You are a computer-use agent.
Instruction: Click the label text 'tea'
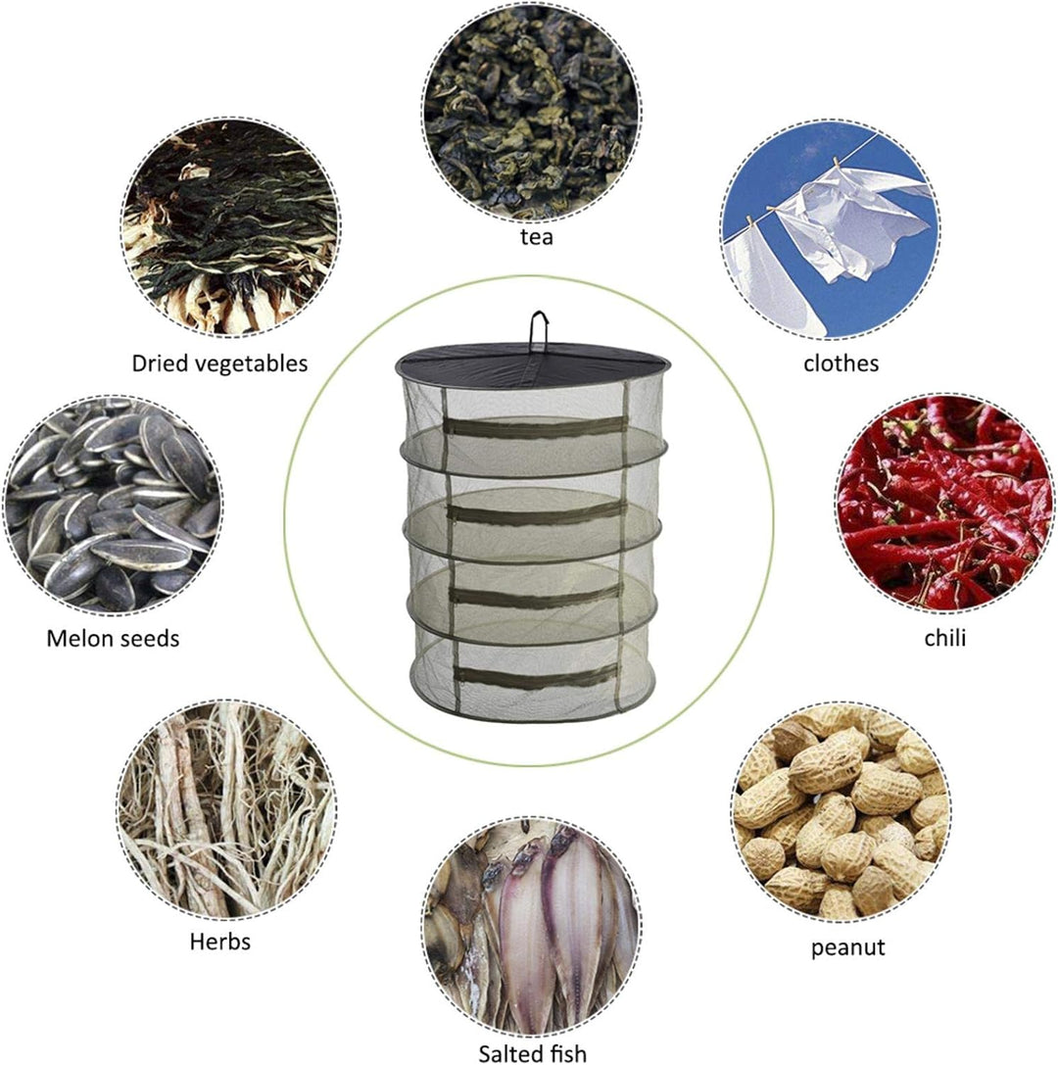point(537,237)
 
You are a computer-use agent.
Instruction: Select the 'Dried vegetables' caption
point(219,363)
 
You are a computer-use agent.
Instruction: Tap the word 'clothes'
point(841,363)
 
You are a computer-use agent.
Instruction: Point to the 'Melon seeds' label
point(113,639)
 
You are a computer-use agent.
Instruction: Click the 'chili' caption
point(944,639)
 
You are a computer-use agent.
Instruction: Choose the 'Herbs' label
point(220,942)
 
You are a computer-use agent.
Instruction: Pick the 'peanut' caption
point(848,947)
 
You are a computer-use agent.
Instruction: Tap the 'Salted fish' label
point(532,1053)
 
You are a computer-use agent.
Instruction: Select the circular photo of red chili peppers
point(944,503)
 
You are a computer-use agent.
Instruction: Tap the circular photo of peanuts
point(842,811)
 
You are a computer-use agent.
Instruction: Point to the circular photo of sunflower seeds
point(112,505)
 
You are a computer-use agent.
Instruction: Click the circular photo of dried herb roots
point(226,809)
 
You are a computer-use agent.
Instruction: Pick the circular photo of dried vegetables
point(230,227)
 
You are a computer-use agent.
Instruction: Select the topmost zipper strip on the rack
point(534,426)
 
